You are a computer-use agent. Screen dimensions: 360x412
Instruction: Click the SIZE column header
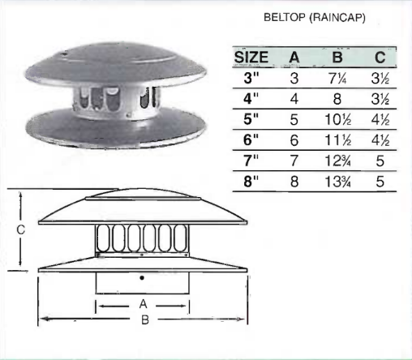click(251, 58)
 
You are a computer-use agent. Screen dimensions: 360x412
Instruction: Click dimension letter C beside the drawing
click(21, 229)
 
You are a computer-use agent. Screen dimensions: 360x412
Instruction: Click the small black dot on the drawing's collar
click(143, 278)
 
